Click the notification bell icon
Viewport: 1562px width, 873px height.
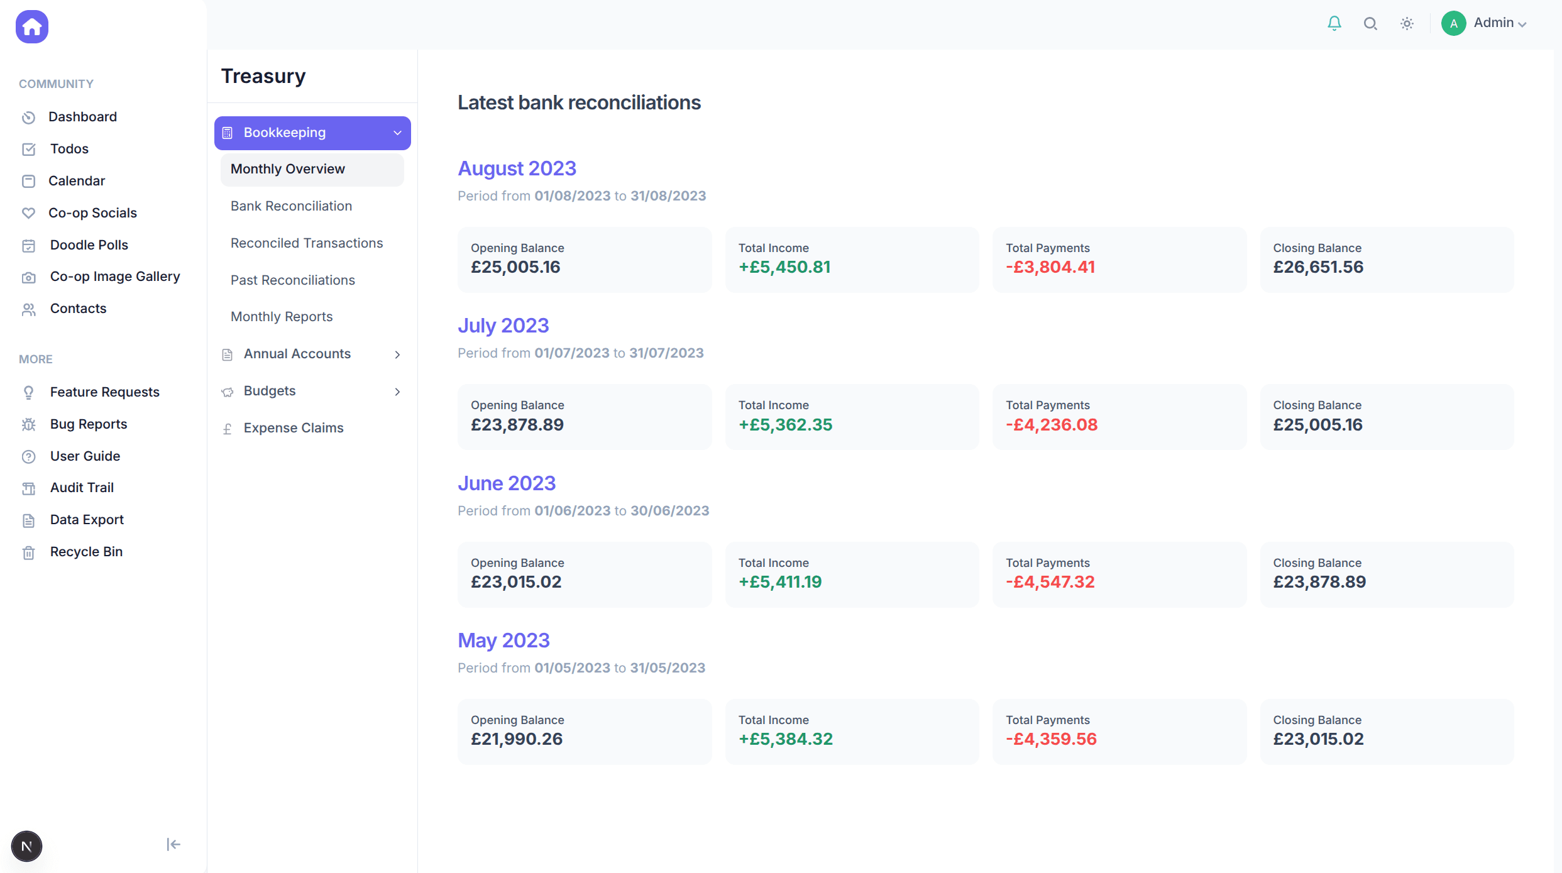coord(1334,24)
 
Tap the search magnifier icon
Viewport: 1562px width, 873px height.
coord(1370,24)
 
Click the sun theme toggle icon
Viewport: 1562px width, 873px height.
coord(1407,24)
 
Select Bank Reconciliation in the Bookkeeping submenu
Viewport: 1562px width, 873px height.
coord(291,206)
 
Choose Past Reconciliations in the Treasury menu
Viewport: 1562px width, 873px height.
coord(292,280)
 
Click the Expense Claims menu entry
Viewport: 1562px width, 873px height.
coord(293,428)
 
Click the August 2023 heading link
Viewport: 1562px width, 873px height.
coord(517,168)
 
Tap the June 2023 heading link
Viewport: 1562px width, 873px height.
coord(506,483)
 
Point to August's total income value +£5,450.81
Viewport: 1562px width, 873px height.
coord(784,267)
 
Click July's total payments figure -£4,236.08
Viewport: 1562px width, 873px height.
coord(1051,425)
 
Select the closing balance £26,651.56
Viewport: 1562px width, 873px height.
coord(1318,267)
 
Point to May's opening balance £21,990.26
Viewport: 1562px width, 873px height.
coord(516,739)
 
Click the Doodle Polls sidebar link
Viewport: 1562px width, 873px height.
coord(89,245)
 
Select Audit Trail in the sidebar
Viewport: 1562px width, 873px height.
coord(82,488)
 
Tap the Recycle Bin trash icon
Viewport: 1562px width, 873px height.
coord(29,552)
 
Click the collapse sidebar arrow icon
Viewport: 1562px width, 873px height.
coord(173,844)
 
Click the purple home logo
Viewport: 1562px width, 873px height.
coord(32,27)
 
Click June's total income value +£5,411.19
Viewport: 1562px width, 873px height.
coord(779,582)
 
